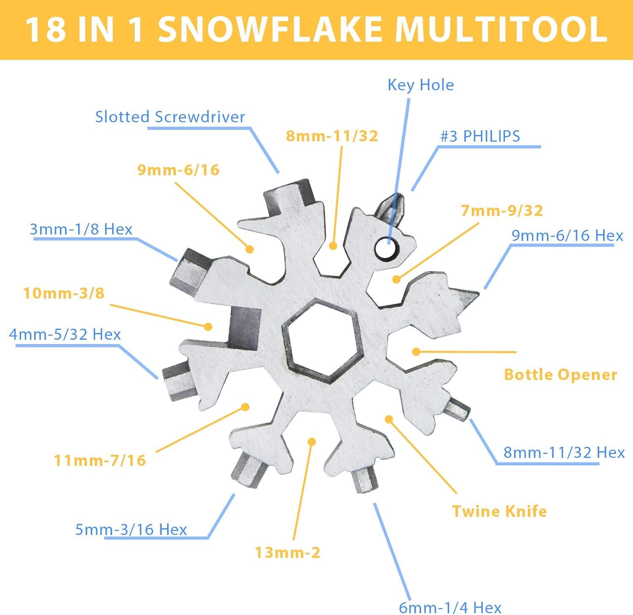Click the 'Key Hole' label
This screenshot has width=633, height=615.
coord(421,85)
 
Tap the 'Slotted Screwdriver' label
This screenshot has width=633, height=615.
coord(170,117)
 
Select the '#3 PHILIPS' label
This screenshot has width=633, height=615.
coord(480,136)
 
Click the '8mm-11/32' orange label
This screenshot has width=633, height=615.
coord(332,136)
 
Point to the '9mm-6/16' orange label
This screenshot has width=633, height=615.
coord(178,170)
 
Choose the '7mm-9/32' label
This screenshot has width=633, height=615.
coord(502,210)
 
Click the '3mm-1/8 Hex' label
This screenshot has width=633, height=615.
coord(81,229)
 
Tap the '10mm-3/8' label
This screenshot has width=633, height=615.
coord(64,293)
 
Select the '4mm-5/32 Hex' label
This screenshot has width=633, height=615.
coord(65,335)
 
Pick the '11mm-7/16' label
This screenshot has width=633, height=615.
coord(100,460)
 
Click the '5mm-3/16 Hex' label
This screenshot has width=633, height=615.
coord(131,529)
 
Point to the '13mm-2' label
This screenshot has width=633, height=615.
coord(287,552)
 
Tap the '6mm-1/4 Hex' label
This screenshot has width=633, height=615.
coord(450,607)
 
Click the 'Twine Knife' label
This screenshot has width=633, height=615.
coord(499,511)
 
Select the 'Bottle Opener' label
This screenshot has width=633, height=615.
coord(560,374)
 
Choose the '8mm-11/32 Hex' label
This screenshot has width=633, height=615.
coord(564,452)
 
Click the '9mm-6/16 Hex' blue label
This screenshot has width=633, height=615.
coord(567,236)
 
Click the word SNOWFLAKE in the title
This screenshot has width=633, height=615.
coord(271,30)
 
